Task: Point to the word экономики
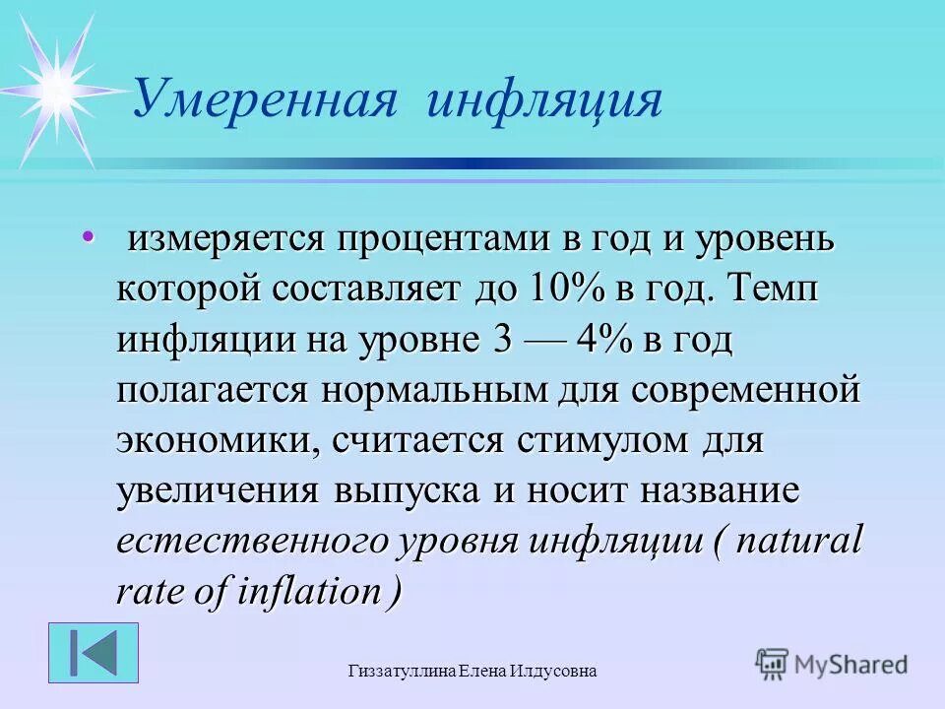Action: pos(215,440)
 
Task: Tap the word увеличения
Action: pos(220,490)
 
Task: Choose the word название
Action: pos(713,490)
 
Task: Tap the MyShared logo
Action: pos(832,664)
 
